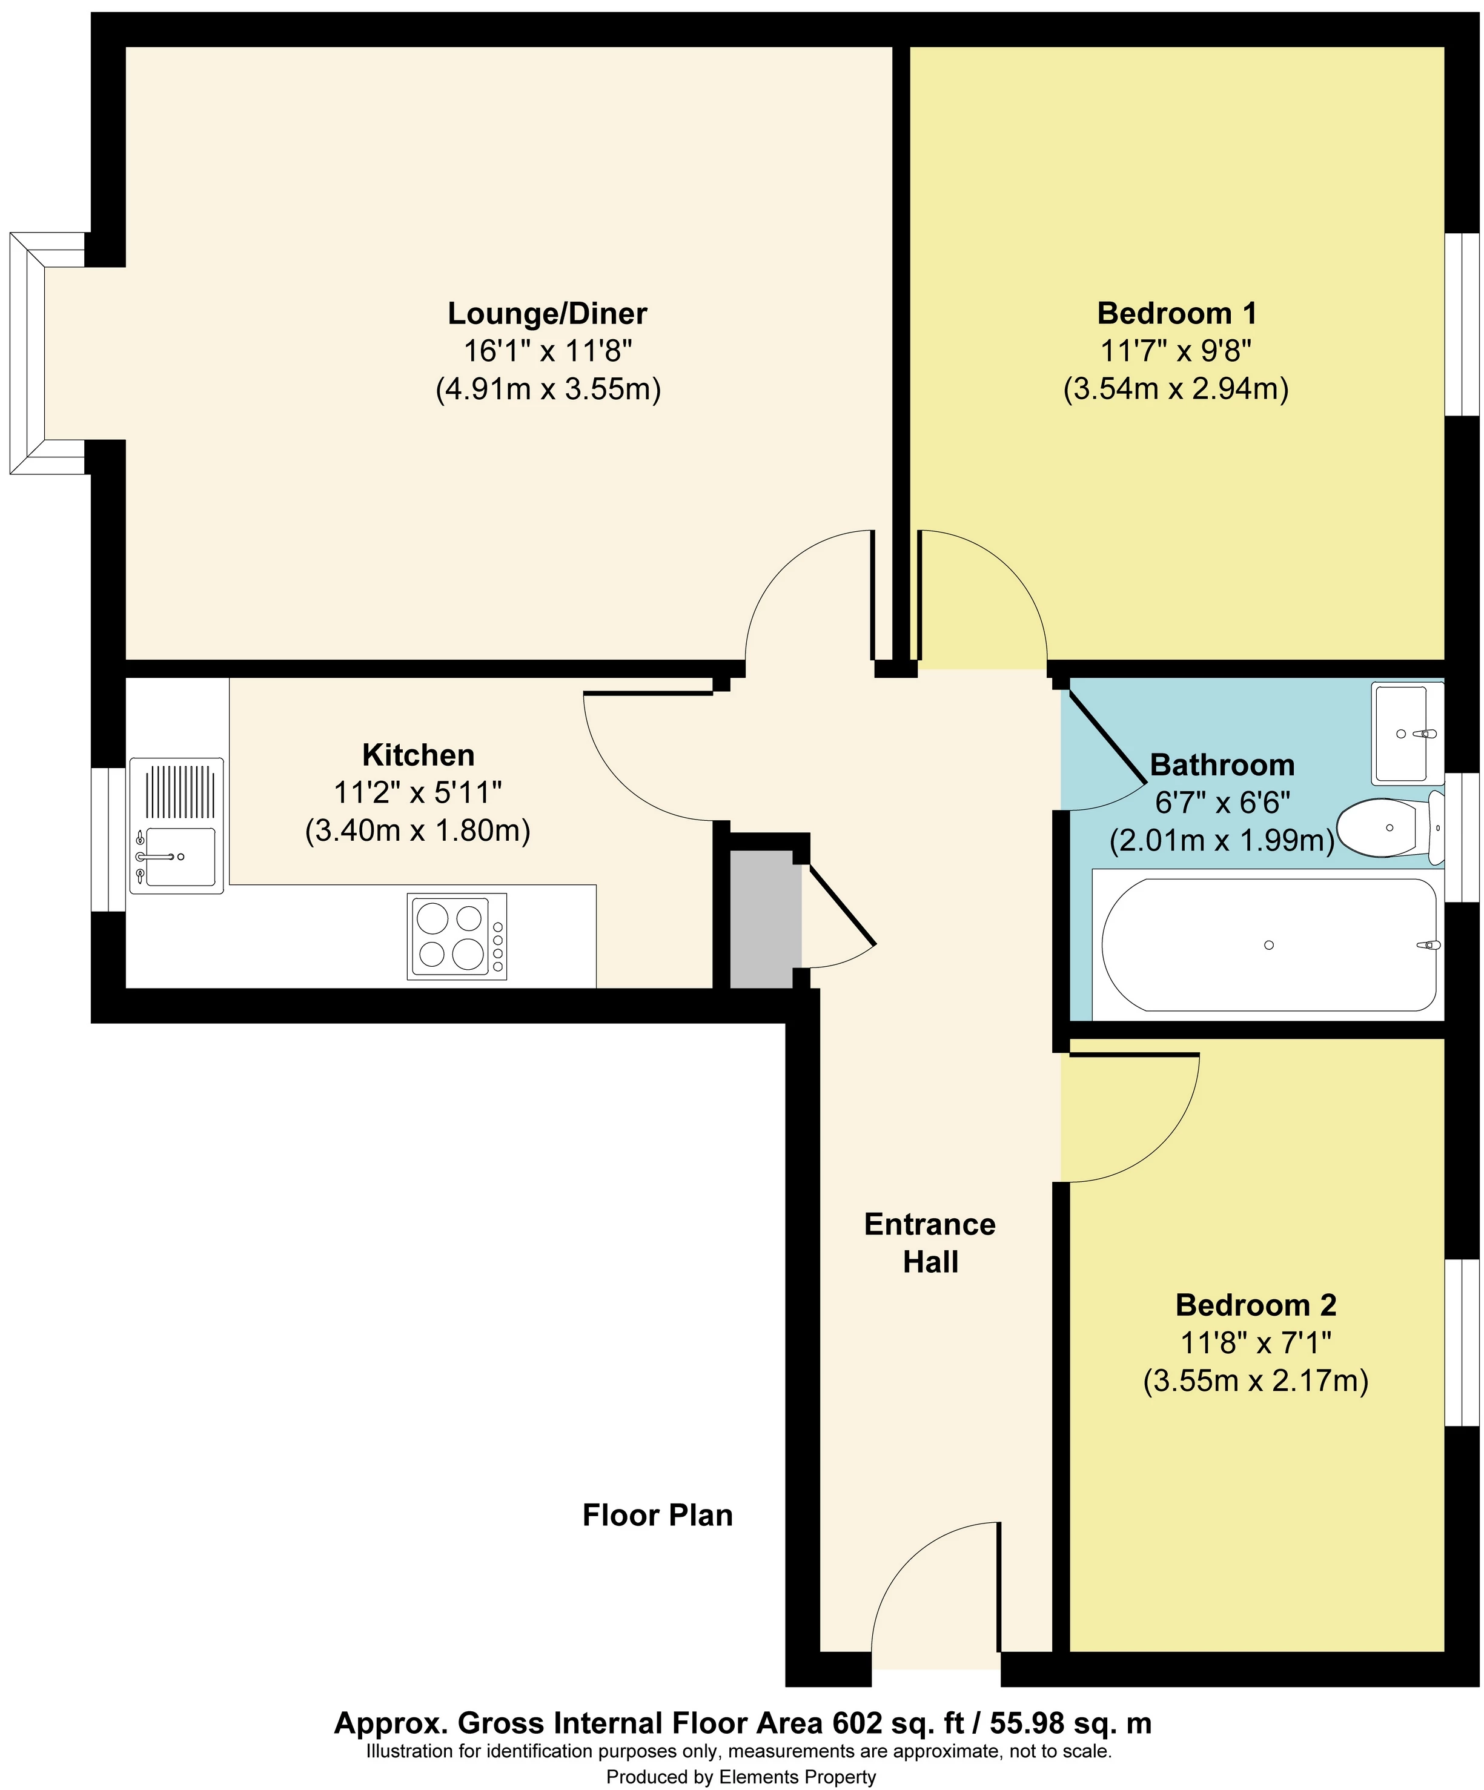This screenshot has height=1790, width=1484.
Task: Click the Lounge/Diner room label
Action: point(547,314)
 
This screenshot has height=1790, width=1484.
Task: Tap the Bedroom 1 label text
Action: point(1176,314)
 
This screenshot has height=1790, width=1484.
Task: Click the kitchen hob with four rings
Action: point(457,936)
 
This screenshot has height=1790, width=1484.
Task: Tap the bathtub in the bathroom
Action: point(1268,944)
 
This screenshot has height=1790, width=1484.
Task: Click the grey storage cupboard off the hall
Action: point(764,919)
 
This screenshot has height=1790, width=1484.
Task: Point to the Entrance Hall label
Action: point(930,1243)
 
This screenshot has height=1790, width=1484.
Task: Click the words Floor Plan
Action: point(657,1514)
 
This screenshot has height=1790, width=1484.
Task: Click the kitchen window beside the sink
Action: point(108,839)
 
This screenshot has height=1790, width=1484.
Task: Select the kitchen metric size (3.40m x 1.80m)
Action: point(418,830)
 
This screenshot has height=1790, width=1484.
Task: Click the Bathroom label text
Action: point(1222,766)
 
